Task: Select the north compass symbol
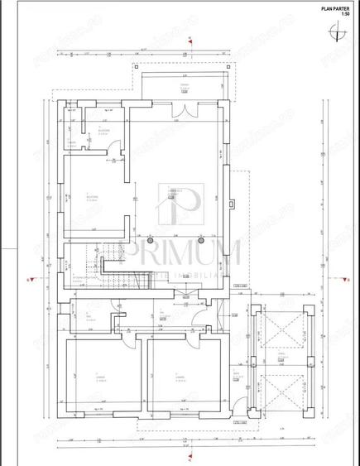[338, 32]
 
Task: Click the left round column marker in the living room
[137, 199]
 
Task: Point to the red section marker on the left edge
[29, 281]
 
